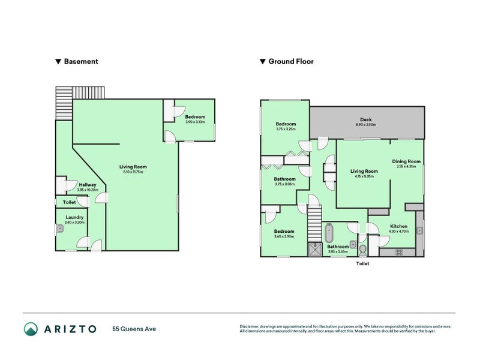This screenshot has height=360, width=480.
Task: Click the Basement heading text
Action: coord(81,61)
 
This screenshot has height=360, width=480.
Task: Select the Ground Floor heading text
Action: coord(290,61)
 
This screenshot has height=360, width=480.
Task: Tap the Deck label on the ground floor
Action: coord(365,119)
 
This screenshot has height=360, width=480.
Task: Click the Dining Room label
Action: coord(406,161)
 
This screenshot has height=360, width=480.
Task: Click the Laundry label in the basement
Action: coord(74,217)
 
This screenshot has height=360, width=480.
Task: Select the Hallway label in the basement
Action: coord(87,185)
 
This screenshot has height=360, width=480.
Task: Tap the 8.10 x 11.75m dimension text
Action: coord(133,172)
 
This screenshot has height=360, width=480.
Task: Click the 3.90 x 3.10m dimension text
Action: coord(195,122)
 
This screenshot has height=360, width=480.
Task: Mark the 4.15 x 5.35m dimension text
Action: coord(364,176)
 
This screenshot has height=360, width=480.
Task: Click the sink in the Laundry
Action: coord(61,228)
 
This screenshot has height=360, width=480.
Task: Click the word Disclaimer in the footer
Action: coord(250,326)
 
